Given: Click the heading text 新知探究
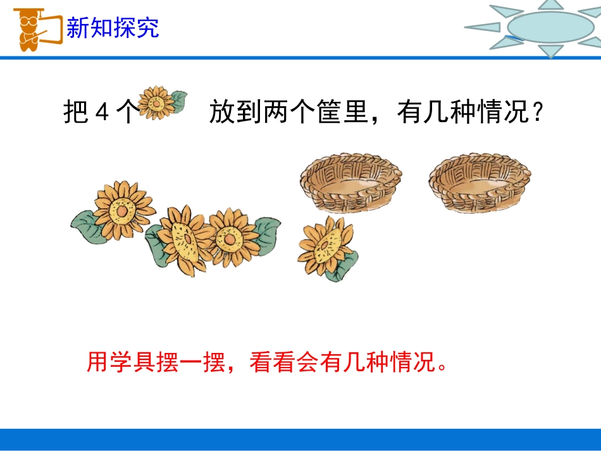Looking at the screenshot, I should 113,28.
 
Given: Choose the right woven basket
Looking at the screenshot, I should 479,182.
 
